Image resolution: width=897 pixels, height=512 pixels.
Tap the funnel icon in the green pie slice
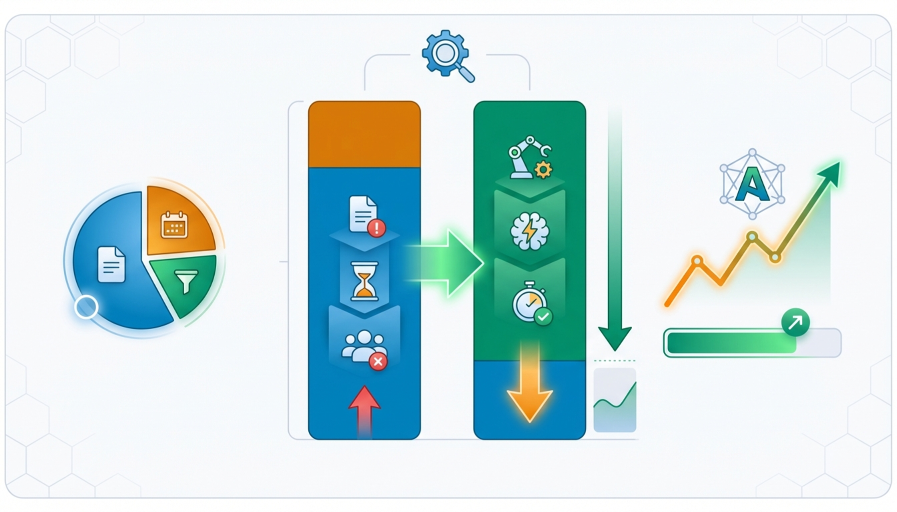tap(186, 280)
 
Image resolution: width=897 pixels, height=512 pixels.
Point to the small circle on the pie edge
tap(86, 306)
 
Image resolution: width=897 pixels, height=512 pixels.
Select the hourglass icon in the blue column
tap(364, 281)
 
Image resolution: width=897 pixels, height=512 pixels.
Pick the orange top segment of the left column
tap(364, 134)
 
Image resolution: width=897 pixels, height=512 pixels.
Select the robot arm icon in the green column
tap(529, 157)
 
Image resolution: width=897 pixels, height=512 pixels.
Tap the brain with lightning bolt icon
tap(529, 231)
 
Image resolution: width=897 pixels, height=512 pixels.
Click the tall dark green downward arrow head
tap(615, 338)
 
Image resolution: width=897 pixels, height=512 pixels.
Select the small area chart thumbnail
tap(615, 400)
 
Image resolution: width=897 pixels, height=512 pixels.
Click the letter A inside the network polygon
tap(752, 184)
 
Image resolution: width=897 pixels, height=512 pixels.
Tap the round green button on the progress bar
tap(795, 322)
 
